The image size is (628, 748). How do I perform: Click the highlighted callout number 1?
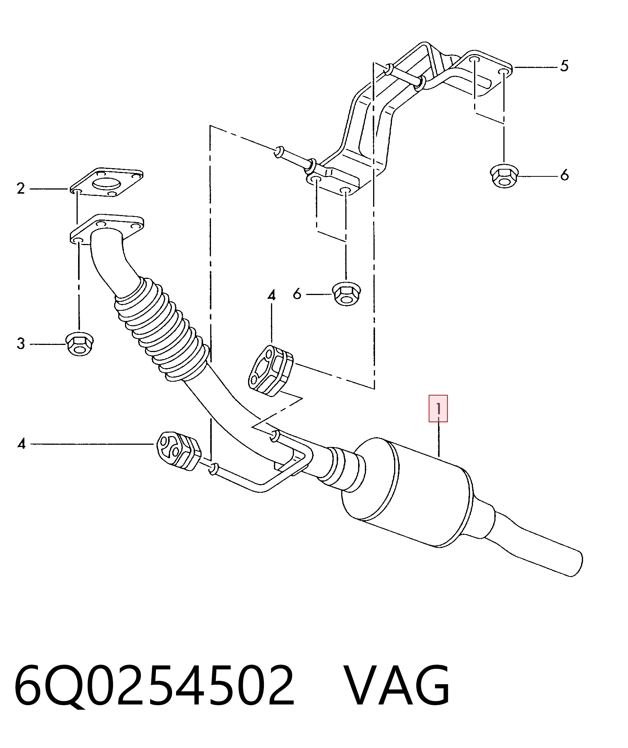pyautogui.click(x=438, y=408)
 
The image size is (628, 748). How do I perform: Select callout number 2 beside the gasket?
pyautogui.click(x=21, y=188)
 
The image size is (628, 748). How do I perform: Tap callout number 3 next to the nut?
pyautogui.click(x=21, y=344)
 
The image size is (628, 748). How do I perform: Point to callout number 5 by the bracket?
pyautogui.click(x=564, y=66)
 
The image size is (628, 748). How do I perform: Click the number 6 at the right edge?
pyautogui.click(x=564, y=175)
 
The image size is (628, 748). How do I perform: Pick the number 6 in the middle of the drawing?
pyautogui.click(x=297, y=294)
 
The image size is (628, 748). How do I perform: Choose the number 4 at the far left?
pyautogui.click(x=21, y=444)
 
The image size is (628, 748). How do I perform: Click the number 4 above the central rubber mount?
pyautogui.click(x=271, y=295)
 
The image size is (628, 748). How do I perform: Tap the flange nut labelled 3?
pyautogui.click(x=80, y=344)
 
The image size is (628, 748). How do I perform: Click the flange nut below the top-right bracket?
pyautogui.click(x=504, y=176)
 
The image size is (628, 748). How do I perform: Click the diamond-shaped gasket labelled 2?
pyautogui.click(x=106, y=182)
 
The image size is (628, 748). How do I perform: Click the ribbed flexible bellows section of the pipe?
pyautogui.click(x=161, y=329)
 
